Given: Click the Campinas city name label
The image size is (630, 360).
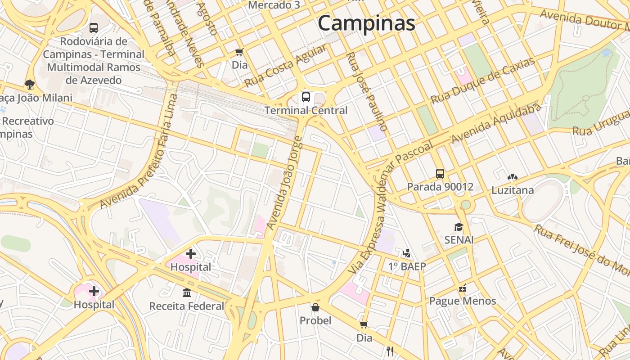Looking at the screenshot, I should tap(366, 23).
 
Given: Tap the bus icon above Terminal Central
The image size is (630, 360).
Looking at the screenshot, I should tap(306, 97).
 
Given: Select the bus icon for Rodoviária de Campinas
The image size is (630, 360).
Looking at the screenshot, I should tap(94, 27).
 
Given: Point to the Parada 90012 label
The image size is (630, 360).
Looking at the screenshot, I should tap(440, 187).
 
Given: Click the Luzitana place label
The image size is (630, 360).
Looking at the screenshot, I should tap(513, 190).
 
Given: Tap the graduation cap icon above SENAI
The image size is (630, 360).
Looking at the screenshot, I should tap(459, 227).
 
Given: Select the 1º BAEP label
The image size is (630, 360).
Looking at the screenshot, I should tap(407, 266).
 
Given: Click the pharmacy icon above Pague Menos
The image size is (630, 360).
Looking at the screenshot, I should tap(463, 288).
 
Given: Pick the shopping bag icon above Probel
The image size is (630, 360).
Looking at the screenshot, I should tap(315, 307).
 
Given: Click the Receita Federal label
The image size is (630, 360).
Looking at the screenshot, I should tap(187, 306).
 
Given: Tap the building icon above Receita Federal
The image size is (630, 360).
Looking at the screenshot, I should tap(187, 293).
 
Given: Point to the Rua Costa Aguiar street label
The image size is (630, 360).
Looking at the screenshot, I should tap(285, 66).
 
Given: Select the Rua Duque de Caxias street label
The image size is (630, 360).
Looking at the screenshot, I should tap(483, 81).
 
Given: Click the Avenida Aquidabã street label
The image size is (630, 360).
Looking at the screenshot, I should tap(496, 123).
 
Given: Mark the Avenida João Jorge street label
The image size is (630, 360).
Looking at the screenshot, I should tap(285, 183).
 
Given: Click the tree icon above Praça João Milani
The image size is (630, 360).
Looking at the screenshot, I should tap(30, 84).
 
